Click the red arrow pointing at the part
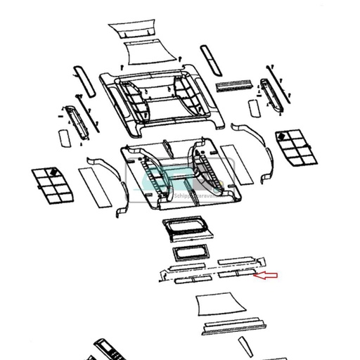(x=266, y=276)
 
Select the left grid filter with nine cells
(x=52, y=184)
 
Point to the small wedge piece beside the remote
(x=244, y=346)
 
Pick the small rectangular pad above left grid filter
(x=63, y=136)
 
